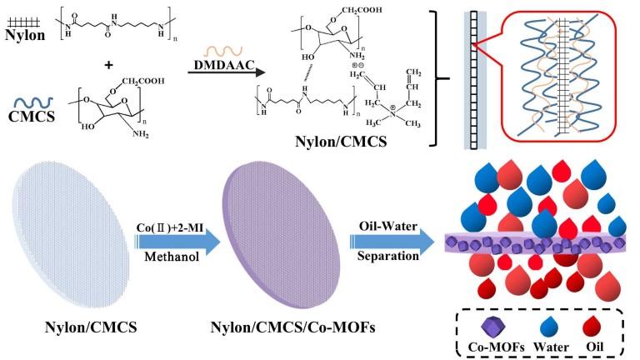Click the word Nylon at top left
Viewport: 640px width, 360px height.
(x=23, y=36)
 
